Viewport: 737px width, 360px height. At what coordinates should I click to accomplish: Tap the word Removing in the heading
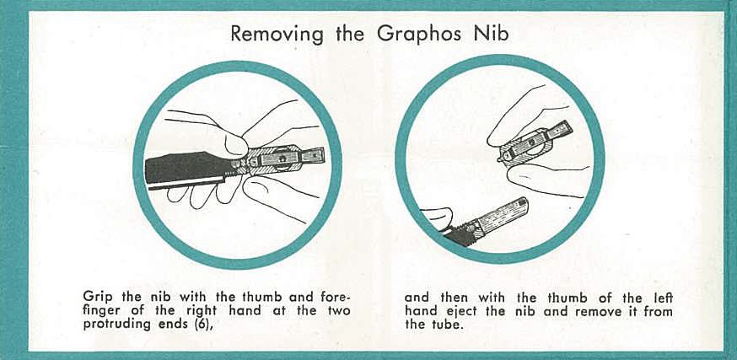tap(277, 34)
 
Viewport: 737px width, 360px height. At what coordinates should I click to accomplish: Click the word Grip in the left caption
tap(98, 298)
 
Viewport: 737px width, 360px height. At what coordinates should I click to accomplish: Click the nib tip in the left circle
tap(313, 154)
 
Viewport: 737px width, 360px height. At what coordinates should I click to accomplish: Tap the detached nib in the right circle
tap(535, 142)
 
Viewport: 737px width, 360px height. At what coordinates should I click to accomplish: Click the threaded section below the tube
tap(460, 233)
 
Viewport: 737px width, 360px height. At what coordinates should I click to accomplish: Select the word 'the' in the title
tap(350, 34)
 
